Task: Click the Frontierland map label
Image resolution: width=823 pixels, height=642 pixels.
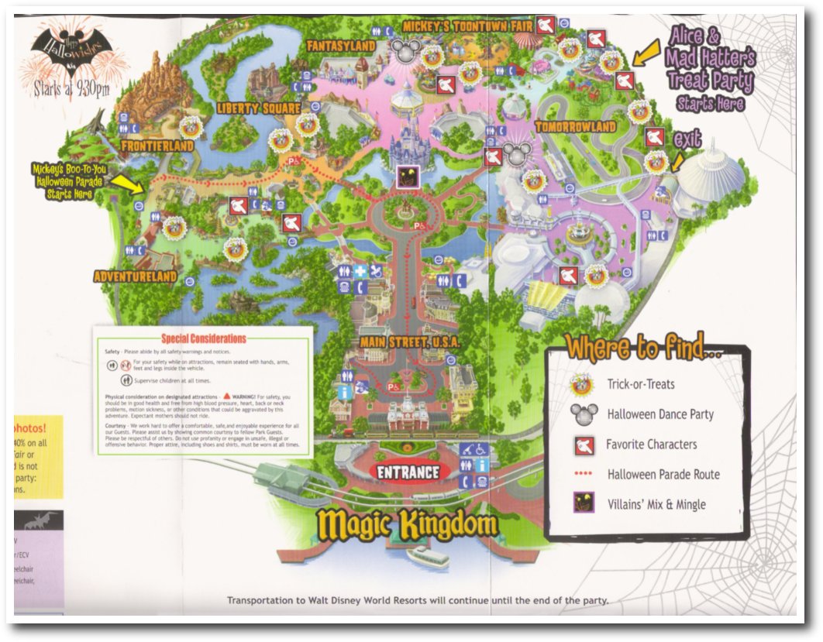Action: tap(157, 146)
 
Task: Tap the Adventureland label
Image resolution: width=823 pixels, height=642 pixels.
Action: tap(135, 276)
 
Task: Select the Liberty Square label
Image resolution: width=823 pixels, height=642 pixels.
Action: tap(258, 108)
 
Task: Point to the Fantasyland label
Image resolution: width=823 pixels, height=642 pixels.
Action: tap(341, 46)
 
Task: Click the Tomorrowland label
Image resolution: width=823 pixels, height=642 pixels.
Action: tap(575, 126)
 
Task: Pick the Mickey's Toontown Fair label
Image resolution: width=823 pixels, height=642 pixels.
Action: tap(467, 26)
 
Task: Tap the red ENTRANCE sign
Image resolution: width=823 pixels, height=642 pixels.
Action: tap(408, 472)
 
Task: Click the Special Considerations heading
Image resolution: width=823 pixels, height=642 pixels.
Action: tap(204, 338)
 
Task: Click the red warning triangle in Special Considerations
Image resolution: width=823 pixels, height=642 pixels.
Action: tap(227, 396)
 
